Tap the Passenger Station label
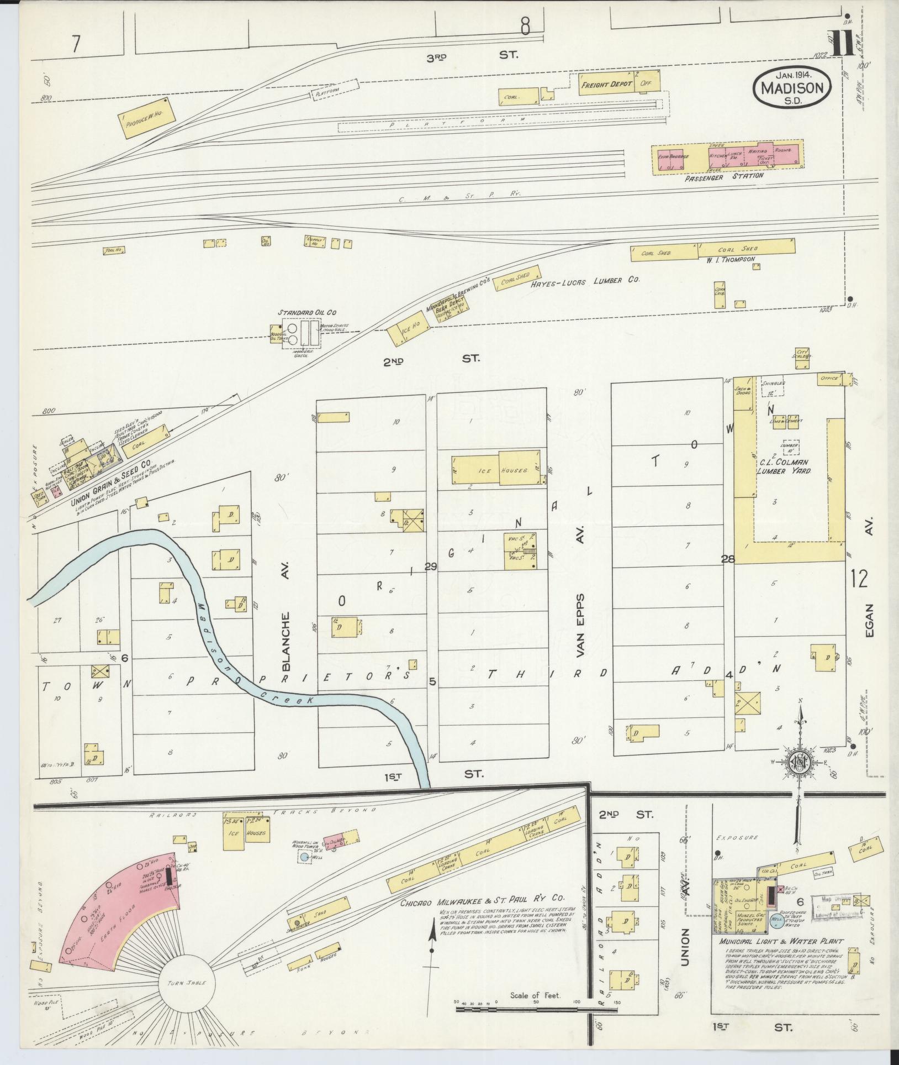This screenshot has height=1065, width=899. (x=724, y=176)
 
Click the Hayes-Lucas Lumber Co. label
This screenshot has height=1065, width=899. (x=585, y=281)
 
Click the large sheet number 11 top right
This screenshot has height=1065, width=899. (x=843, y=44)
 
